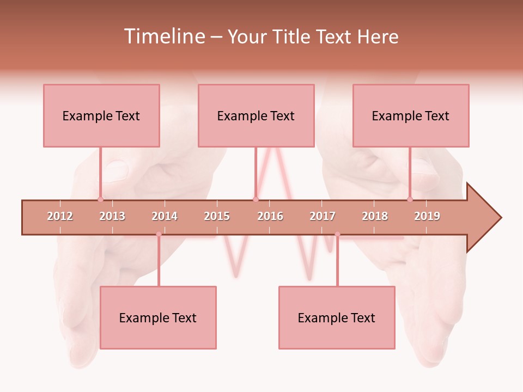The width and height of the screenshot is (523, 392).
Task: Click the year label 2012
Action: pos(60,217)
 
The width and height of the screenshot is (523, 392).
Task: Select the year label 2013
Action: pos(112,217)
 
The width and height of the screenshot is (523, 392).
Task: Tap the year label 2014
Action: pos(165,217)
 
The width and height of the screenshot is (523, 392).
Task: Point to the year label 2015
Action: pos(217,217)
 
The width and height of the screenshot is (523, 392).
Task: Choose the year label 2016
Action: pos(270,217)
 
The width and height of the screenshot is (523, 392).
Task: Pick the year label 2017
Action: pos(323,217)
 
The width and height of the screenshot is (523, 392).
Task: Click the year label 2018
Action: pos(375,217)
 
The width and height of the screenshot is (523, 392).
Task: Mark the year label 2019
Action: pos(427,217)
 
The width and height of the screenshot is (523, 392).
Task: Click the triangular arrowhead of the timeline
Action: pos(482,218)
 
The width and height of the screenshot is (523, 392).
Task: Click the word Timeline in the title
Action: pos(163,37)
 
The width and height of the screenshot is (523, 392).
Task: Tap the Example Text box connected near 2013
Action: pos(101,115)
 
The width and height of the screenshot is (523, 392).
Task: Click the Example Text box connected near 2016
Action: pos(256,115)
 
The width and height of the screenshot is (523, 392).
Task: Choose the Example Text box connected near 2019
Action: pos(411,115)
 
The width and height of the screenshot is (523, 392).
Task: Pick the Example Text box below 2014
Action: pos(158,317)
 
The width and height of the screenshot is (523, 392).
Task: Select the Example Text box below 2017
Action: pos(337,317)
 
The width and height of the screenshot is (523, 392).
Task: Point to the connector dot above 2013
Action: pos(100,199)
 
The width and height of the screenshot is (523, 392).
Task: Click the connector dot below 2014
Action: pos(159,235)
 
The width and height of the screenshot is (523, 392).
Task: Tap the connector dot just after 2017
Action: pos(337,235)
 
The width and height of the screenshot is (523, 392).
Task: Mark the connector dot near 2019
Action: pos(410,199)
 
